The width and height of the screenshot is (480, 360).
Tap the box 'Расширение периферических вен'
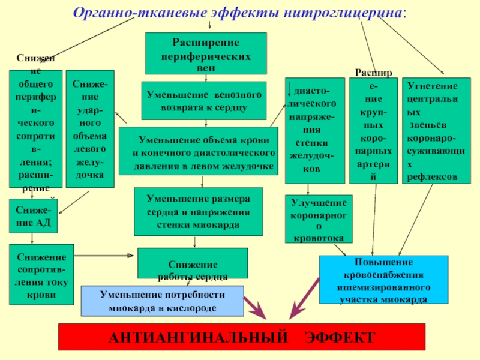point(206,53)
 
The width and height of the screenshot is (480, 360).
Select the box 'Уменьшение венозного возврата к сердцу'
point(203,100)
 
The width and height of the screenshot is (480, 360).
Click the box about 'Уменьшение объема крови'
point(199,151)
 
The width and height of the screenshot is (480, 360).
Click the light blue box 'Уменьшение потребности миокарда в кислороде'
point(162,301)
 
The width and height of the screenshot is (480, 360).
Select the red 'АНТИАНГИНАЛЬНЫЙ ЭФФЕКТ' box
point(241,337)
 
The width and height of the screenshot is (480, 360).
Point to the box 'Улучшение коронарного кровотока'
point(318,219)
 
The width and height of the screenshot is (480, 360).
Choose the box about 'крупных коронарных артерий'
point(373,130)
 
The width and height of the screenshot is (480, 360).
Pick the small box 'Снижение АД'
point(33,216)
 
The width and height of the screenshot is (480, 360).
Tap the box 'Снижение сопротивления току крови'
point(41,274)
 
